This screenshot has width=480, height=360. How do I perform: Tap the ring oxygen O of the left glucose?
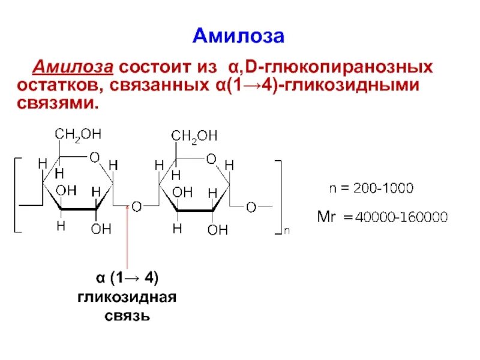coord(94,157)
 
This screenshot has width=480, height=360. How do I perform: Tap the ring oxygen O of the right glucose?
coord(210,159)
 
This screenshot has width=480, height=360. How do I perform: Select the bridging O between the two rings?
coord(137,207)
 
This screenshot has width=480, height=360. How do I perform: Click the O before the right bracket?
coord(251,207)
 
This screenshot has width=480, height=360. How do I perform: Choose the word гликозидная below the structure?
coord(127,297)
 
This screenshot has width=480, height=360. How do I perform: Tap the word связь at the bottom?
coord(127,316)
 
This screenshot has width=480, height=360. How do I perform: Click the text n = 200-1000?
coord(371,188)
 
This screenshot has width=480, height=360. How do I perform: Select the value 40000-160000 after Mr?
coord(401,217)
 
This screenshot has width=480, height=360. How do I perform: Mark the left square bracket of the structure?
coord(16,195)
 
